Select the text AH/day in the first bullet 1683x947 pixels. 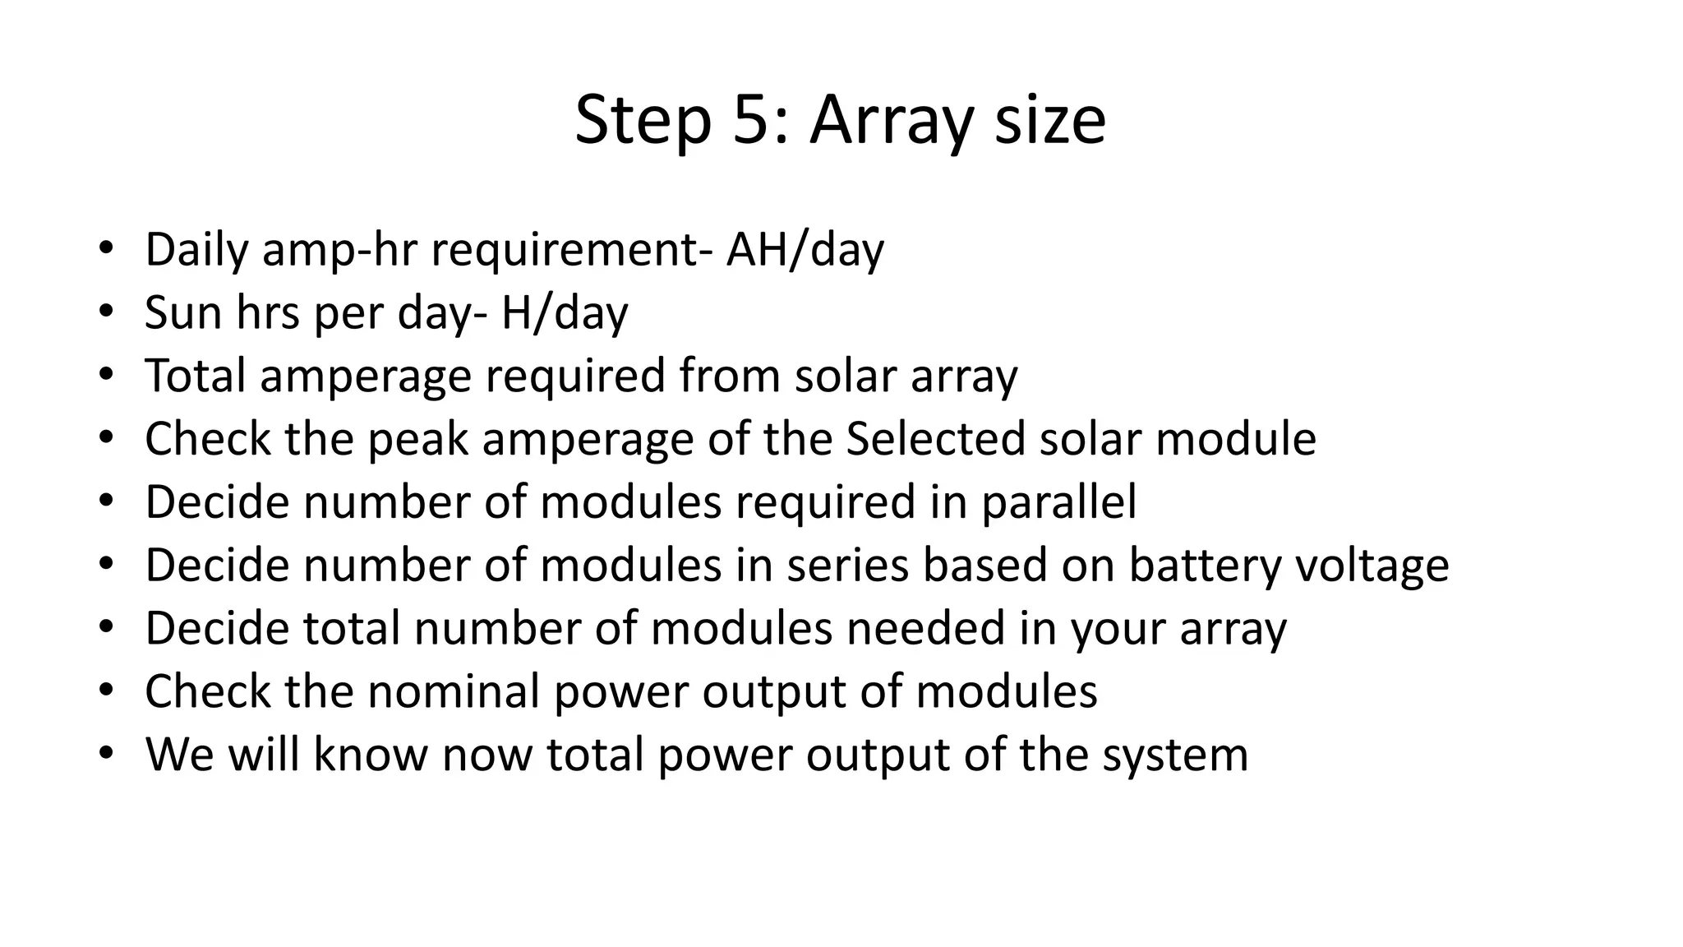805,249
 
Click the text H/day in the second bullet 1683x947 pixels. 565,312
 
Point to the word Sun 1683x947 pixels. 183,312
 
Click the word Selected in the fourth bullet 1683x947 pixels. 935,438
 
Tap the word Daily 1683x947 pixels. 196,249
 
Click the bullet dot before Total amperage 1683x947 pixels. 105,375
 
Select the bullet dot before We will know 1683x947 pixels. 105,754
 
